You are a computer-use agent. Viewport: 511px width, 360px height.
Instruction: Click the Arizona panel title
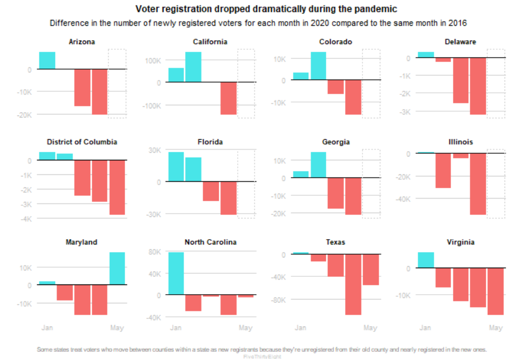82,42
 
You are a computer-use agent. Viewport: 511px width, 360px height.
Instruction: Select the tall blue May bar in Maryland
117,268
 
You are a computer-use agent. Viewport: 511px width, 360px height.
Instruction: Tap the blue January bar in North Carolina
176,274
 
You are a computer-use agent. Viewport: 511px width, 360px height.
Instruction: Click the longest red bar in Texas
353,284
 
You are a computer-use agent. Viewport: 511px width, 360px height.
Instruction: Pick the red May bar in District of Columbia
117,187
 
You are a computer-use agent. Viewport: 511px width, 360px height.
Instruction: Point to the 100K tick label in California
151,60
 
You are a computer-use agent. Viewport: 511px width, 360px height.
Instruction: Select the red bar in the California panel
228,98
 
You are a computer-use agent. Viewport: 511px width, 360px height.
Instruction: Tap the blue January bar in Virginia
426,260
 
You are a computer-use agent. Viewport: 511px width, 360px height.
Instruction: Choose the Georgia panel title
335,142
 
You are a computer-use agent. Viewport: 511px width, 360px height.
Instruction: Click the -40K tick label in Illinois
402,199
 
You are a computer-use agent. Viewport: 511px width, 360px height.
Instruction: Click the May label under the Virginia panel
495,328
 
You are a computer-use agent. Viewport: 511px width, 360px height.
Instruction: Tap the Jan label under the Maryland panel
47,328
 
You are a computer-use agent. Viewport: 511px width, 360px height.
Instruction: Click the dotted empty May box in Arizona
117,82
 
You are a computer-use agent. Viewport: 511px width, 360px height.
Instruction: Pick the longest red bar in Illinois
478,184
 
